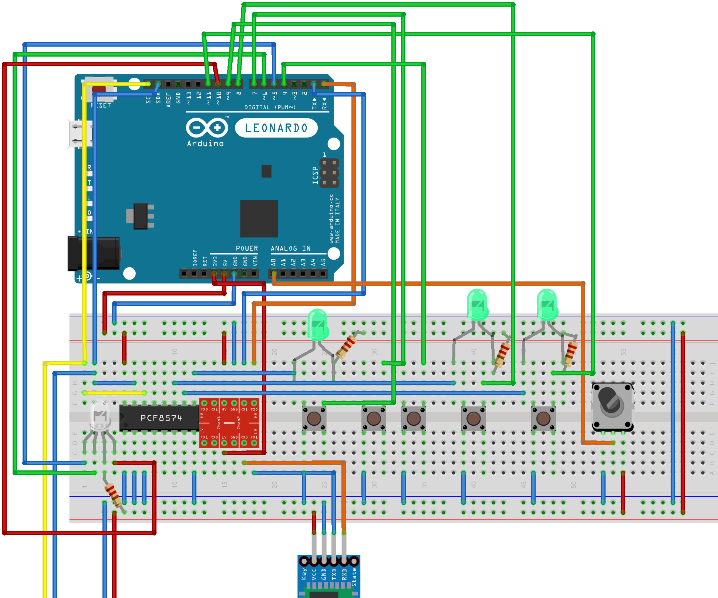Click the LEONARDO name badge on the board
point(276,128)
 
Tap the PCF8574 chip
point(159,418)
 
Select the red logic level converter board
point(229,423)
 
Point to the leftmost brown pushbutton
point(314,419)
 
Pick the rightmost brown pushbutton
point(543,419)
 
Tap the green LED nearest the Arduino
point(317,324)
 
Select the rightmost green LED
point(547,305)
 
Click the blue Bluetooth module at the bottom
point(328,577)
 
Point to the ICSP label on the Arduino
point(315,175)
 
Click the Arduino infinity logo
point(206,128)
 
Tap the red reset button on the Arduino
point(99,89)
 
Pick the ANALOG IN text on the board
point(290,249)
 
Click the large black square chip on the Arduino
point(259,218)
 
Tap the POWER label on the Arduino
point(247,249)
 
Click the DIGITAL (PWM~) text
point(270,107)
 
